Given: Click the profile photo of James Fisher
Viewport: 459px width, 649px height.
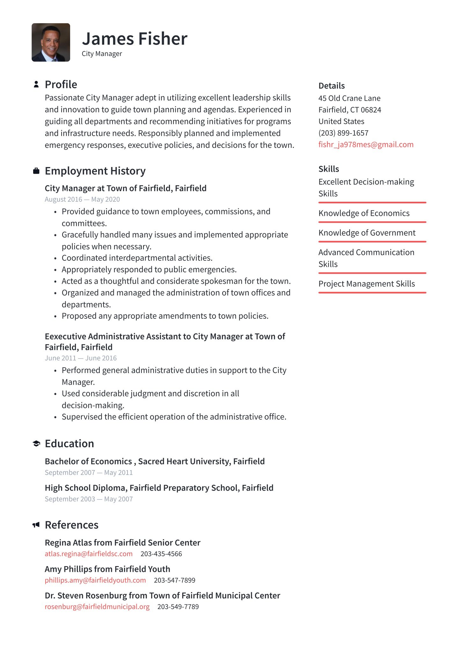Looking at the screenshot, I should tap(51, 42).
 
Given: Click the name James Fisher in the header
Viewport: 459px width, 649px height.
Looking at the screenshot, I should tap(135, 39).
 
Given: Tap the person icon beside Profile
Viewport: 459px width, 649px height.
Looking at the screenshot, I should tap(36, 84).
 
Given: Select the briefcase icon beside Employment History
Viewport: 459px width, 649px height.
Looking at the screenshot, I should tap(36, 171).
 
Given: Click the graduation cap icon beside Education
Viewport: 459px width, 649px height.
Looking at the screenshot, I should tap(36, 443).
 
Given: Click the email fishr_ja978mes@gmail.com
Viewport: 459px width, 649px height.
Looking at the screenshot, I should tap(366, 144).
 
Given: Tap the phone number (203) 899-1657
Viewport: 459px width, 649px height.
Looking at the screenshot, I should tap(343, 133).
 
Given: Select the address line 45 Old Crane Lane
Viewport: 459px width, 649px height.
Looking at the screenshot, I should tap(349, 98).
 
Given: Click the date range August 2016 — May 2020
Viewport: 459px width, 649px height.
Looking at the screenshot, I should tap(82, 200).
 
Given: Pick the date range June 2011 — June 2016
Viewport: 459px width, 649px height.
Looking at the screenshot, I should tap(81, 358).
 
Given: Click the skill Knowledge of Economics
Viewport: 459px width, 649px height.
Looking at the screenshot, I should tap(364, 213).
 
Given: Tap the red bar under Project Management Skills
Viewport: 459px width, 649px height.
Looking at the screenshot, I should tap(372, 292).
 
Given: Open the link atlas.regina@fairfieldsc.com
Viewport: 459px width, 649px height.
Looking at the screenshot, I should tap(89, 554).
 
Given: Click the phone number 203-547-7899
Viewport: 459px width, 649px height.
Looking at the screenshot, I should tap(174, 580).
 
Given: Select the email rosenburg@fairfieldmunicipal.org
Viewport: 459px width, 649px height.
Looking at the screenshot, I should tap(97, 607).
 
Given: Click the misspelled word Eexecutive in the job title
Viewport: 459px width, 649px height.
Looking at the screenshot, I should tap(65, 337).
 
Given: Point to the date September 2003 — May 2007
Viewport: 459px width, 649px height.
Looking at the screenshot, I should tap(89, 499).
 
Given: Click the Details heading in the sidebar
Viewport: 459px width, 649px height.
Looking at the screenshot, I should tap(331, 86).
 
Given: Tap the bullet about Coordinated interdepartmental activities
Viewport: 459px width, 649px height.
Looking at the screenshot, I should tap(137, 258).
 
